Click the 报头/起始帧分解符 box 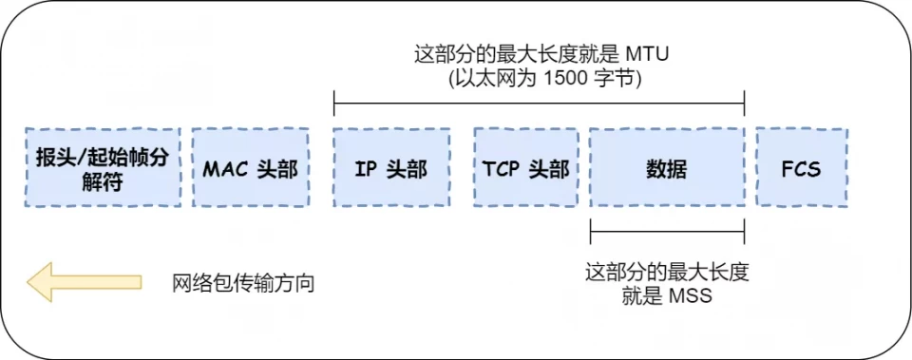click(103, 168)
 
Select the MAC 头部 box click(251, 168)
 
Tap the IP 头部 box click(390, 168)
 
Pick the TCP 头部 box click(526, 168)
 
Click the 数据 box click(666, 168)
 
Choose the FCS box click(801, 168)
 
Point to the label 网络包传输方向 click(242, 283)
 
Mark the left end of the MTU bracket click(334, 101)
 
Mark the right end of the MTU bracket click(744, 101)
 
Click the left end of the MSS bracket click(591, 230)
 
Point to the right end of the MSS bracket click(744, 230)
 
